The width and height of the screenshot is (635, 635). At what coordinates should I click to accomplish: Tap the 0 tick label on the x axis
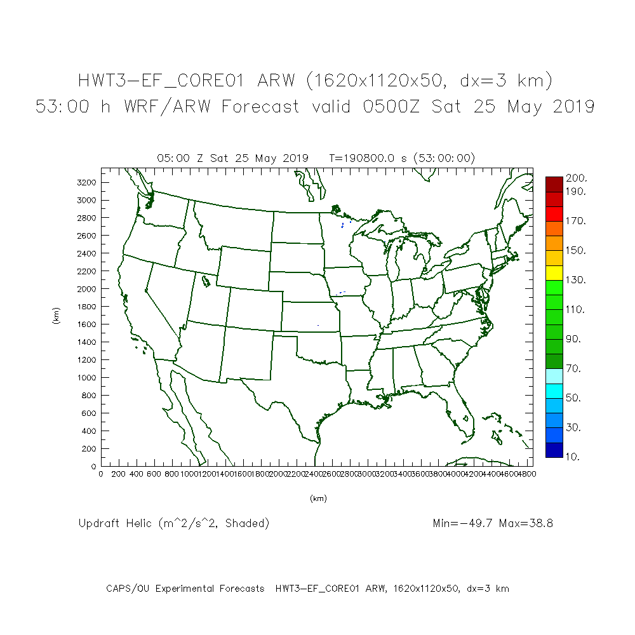(x=101, y=474)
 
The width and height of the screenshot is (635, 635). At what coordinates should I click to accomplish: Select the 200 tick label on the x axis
(x=119, y=474)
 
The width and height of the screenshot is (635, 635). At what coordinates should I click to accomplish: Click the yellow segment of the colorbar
(x=553, y=272)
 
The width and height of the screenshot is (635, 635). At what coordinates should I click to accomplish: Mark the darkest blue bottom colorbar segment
(x=553, y=450)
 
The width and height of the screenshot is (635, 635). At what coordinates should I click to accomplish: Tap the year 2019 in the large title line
(x=570, y=107)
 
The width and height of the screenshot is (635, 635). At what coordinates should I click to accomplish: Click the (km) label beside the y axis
(x=57, y=316)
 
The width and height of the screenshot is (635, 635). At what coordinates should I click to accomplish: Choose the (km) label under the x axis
(x=318, y=498)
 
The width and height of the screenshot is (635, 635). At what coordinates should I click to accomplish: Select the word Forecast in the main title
(x=260, y=107)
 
